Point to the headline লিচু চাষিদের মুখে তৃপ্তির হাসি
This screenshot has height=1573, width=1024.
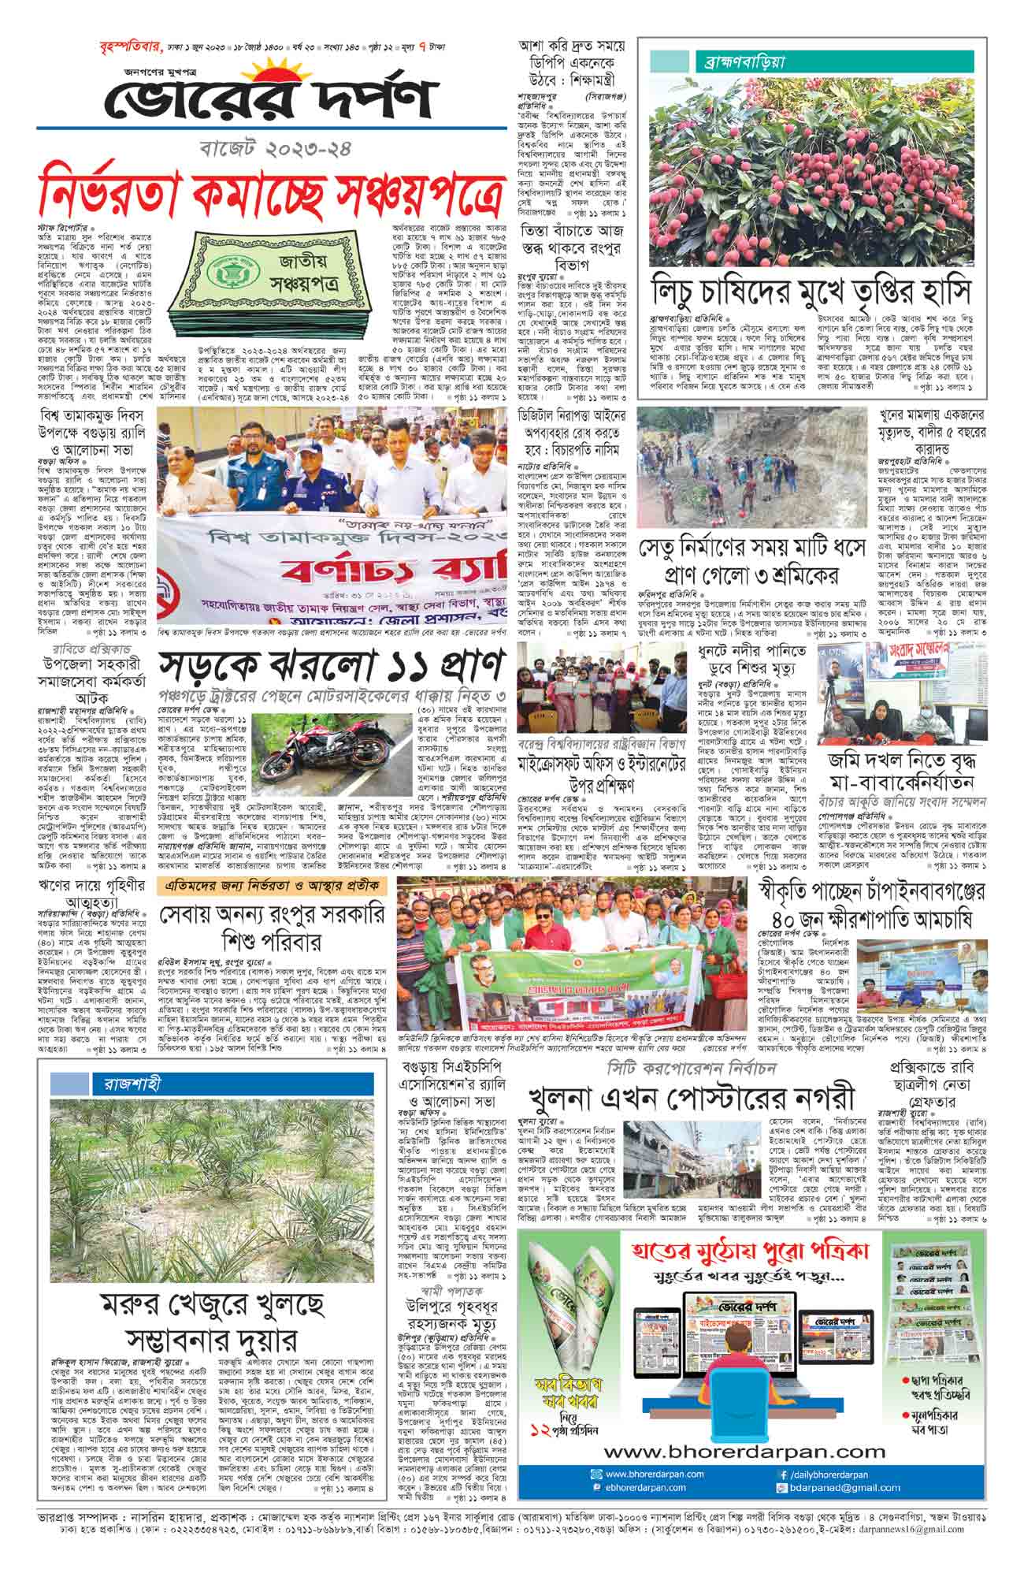(811, 288)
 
